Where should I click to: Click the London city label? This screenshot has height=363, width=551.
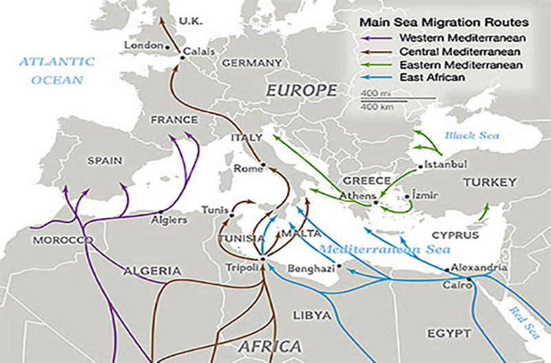pyautogui.click(x=143, y=45)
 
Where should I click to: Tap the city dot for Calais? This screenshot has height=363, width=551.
pyautogui.click(x=183, y=58)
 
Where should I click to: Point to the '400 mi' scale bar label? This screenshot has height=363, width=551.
pyautogui.click(x=372, y=93)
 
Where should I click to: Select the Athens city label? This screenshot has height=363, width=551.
pyautogui.click(x=355, y=195)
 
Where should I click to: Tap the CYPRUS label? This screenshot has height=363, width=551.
pyautogui.click(x=455, y=235)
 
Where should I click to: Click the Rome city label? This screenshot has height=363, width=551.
pyautogui.click(x=245, y=168)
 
